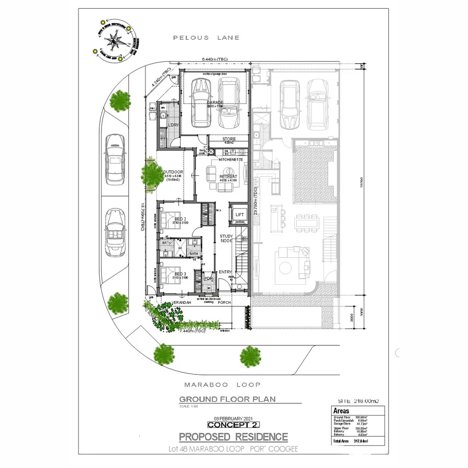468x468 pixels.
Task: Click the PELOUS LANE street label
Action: click(x=206, y=38)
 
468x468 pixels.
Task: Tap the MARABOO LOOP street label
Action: click(x=222, y=384)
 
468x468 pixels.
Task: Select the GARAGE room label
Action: click(x=215, y=103)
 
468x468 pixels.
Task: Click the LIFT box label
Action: click(x=240, y=215)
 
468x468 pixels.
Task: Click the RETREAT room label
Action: click(x=228, y=177)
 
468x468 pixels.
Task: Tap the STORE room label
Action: click(x=229, y=139)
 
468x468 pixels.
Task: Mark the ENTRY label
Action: click(x=225, y=272)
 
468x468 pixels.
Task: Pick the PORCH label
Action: click(x=224, y=302)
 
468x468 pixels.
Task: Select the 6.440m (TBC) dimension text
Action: click(x=214, y=58)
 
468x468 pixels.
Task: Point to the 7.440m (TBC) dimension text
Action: click(x=192, y=331)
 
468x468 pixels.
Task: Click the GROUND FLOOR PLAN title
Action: click(x=227, y=399)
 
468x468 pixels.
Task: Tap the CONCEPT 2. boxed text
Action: click(x=227, y=425)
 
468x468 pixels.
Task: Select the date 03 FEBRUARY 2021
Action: click(x=227, y=418)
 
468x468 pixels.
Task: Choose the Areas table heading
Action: click(x=341, y=411)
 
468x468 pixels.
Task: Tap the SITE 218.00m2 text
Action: click(x=358, y=401)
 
